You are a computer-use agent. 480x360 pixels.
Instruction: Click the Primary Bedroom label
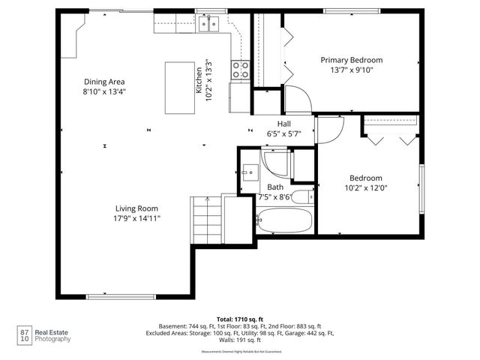tap(352, 60)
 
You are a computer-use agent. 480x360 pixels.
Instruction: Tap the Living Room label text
tap(136, 208)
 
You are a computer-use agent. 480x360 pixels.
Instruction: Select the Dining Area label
tap(103, 82)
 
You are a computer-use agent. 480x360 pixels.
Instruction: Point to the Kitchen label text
tap(199, 79)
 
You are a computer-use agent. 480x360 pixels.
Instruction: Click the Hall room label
tap(283, 124)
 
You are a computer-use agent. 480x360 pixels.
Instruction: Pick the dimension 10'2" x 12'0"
tap(365, 188)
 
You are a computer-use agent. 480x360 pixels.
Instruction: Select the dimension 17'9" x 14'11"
tap(136, 218)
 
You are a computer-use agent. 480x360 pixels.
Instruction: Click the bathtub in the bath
tap(283, 220)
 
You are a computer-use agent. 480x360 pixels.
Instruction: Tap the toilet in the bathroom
tap(301, 198)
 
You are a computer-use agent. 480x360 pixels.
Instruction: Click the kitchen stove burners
tap(241, 70)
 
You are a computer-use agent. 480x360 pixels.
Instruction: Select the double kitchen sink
tap(208, 24)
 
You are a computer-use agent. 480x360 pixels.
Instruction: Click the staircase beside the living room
tap(206, 220)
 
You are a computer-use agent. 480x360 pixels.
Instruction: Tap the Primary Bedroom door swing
tap(297, 100)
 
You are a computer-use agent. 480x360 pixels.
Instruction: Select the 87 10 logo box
tap(24, 334)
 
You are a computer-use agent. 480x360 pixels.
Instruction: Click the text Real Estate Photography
tap(55, 334)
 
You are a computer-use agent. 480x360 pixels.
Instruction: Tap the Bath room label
tap(275, 187)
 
